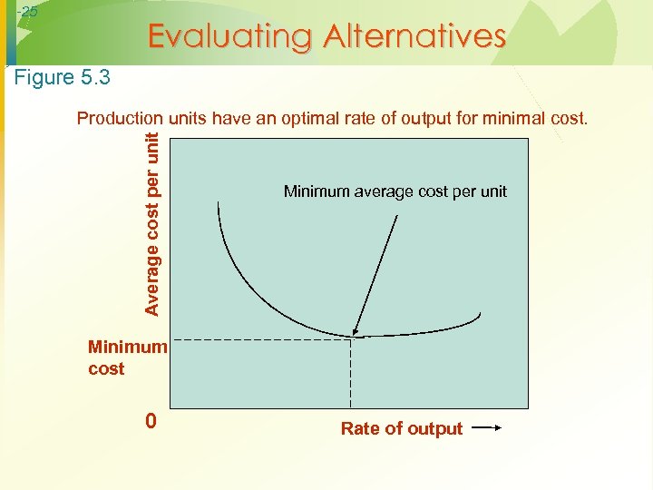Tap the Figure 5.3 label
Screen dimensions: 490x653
pos(63,78)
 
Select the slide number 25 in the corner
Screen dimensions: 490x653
pos(28,12)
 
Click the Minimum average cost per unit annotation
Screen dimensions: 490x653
pos(395,191)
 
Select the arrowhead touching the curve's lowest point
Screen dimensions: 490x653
pos(356,332)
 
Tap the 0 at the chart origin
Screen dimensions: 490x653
pos(151,422)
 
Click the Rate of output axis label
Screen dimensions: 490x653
pos(401,429)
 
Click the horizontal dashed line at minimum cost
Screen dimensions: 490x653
pos(254,338)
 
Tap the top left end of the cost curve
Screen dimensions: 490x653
pos(219,203)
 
